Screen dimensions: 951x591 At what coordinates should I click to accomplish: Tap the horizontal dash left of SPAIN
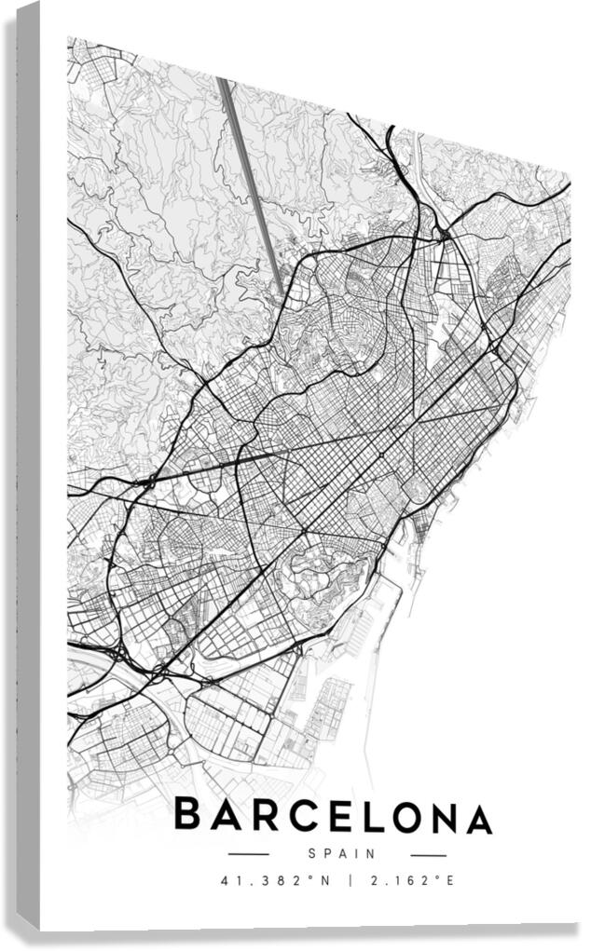(x=248, y=854)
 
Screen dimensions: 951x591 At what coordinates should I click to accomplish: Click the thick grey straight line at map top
(x=252, y=186)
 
